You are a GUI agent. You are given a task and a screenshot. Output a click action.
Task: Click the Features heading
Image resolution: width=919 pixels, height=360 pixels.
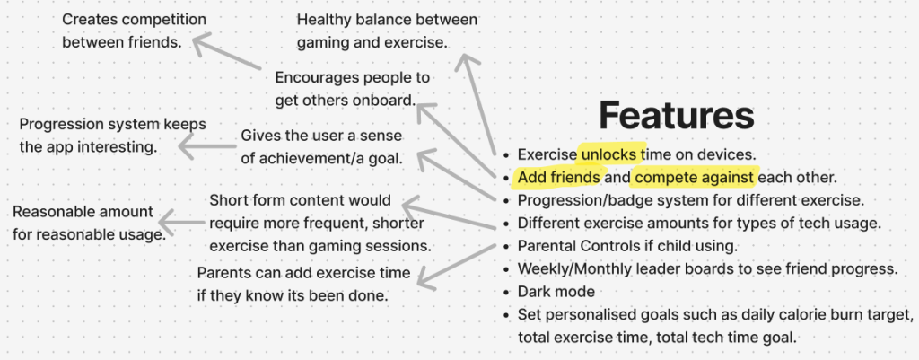(677, 116)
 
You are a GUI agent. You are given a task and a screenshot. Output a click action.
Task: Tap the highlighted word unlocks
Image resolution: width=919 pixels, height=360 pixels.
(609, 154)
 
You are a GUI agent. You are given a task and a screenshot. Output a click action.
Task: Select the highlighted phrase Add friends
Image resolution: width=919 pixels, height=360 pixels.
(559, 178)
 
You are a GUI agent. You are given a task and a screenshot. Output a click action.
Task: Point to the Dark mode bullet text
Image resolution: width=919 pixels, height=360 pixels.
(556, 292)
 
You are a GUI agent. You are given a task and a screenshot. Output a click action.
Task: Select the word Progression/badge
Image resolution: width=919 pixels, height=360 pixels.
(575, 200)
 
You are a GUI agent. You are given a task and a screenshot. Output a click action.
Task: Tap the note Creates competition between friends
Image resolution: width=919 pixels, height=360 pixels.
(135, 31)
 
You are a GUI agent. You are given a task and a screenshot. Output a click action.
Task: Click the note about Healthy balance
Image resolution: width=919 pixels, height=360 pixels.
(387, 31)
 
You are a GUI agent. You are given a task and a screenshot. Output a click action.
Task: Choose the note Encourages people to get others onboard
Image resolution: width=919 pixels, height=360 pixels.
(352, 89)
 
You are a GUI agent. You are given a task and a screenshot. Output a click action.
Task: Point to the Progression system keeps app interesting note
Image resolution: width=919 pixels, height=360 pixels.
(112, 136)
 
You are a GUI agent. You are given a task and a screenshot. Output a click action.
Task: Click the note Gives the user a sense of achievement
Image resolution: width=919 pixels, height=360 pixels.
(322, 146)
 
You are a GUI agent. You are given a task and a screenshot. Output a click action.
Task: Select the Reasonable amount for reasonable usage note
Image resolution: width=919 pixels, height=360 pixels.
(89, 223)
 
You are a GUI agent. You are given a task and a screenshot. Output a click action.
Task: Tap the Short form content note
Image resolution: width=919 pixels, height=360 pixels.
(320, 223)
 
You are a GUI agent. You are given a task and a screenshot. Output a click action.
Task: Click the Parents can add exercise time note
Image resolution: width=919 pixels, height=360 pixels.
(303, 284)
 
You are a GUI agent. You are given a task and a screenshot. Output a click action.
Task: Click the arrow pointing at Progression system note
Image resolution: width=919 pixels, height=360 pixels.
(207, 146)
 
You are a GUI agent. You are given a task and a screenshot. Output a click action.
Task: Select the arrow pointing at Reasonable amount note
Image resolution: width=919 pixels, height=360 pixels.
(180, 223)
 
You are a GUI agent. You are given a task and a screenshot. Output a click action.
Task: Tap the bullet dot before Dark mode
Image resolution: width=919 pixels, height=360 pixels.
(506, 293)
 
